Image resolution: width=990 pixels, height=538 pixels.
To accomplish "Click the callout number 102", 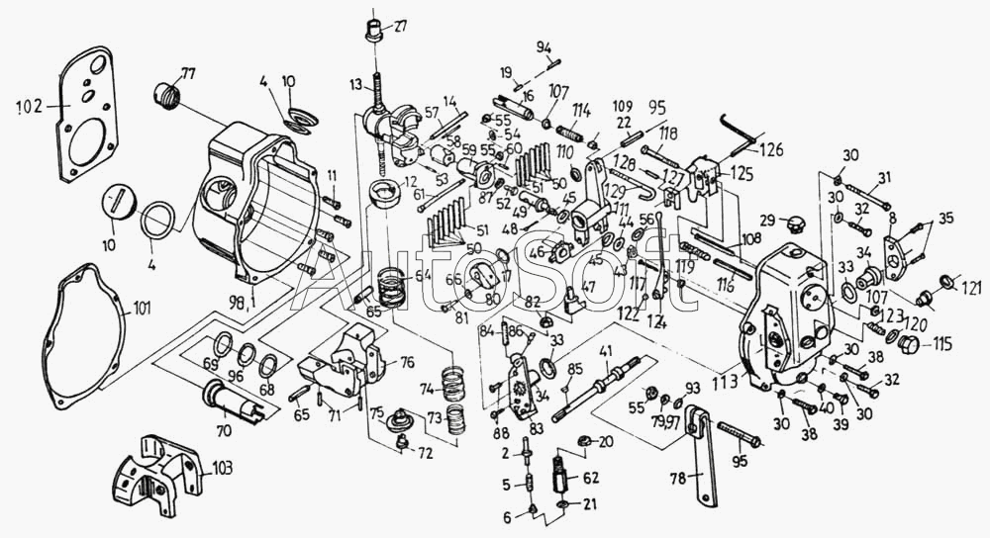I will coord(31,107).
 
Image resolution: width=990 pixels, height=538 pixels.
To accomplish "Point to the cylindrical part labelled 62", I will coord(563,478).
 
